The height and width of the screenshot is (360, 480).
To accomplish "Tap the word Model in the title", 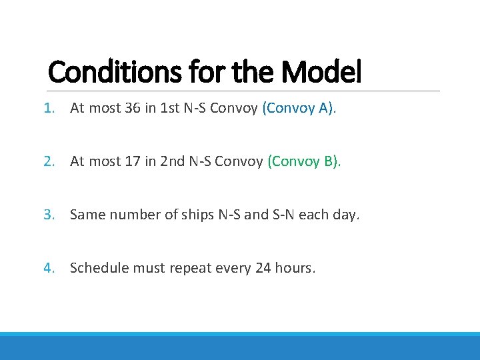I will (322, 72).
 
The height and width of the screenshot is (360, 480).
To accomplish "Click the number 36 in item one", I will (132, 108).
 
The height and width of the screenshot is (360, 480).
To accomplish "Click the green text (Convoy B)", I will (304, 161).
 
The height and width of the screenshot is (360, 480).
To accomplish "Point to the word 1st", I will (167, 108).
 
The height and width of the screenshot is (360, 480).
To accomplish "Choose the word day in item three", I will (343, 215).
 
